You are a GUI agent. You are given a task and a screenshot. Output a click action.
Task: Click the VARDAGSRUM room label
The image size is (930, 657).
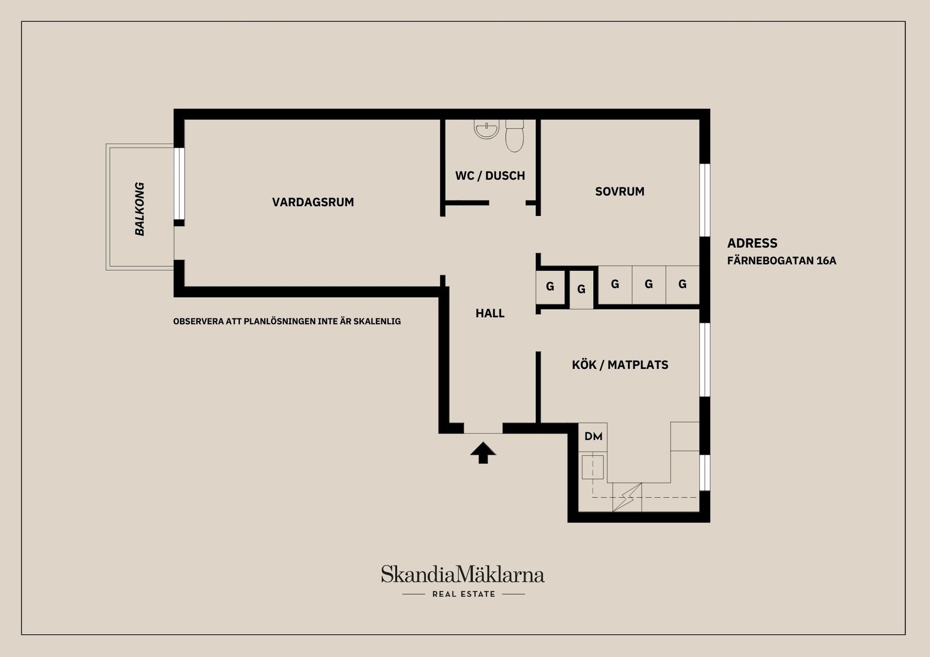313,202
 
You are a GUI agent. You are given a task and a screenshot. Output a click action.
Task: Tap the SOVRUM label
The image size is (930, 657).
620,192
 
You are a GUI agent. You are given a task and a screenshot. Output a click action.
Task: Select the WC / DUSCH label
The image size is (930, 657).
490,176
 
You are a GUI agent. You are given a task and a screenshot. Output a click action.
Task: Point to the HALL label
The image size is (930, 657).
490,313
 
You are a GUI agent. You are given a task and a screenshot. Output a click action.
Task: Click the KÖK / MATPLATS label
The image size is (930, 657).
620,365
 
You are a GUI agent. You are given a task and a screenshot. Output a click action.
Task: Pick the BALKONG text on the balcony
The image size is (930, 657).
139,209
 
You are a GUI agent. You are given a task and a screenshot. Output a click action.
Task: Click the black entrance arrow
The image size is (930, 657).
483,453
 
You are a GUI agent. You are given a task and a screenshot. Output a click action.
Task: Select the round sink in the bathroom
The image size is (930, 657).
486,129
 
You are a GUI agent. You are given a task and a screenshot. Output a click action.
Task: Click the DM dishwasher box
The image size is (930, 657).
593,437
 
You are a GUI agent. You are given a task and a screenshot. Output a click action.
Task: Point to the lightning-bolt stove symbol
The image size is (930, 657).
627,497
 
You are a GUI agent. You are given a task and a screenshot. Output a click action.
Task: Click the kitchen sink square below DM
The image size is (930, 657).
592,467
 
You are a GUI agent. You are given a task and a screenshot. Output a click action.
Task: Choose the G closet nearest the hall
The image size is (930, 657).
550,287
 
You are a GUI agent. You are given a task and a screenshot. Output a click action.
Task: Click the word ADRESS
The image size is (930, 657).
752,243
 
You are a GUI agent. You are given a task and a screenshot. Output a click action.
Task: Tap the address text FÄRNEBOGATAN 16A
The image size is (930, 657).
781,261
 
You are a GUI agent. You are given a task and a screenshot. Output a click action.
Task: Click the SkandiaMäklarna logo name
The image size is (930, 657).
463,575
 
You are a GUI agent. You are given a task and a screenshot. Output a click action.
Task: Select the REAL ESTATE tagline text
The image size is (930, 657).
464,594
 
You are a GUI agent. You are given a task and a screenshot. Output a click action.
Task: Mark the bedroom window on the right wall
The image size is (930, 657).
705,200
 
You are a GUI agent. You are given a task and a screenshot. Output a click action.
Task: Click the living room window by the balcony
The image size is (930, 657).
179,183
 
